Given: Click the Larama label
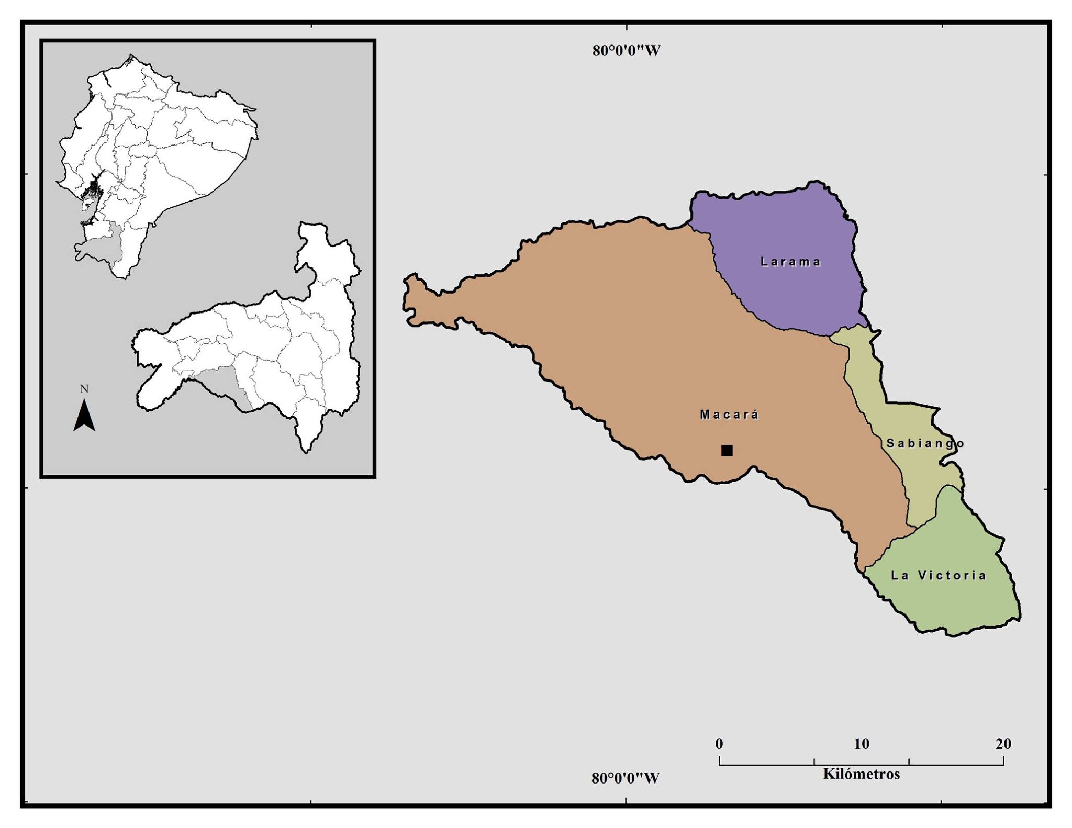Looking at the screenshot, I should click(790, 262).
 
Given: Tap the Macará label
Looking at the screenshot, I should click(729, 415).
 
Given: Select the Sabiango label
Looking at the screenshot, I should click(925, 443).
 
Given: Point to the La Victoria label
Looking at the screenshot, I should click(938, 576).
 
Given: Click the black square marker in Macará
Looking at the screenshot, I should click(727, 451).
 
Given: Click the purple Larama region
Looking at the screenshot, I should click(785, 293).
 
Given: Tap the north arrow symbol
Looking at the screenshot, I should click(84, 416).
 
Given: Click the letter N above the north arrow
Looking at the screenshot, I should click(84, 389).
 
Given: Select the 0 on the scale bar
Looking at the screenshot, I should click(719, 743).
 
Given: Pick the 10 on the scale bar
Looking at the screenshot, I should click(861, 743).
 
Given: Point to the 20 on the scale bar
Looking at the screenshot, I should click(1003, 743).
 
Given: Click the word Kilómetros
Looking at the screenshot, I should click(861, 774).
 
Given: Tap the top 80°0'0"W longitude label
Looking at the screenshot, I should click(626, 51).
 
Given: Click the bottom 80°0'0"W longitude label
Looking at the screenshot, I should click(626, 778).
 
